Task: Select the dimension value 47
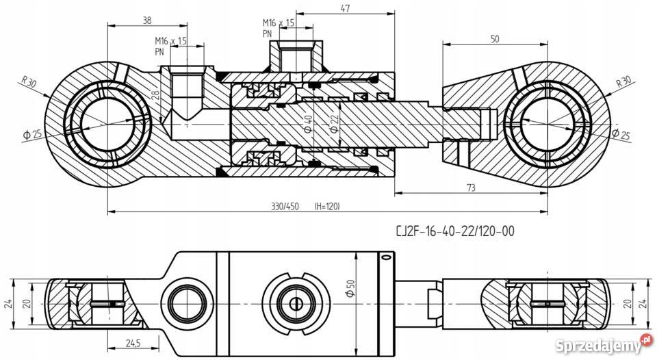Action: pyautogui.click(x=345, y=9)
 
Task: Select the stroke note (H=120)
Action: pyautogui.click(x=326, y=206)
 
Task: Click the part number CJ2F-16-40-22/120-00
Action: pyautogui.click(x=455, y=231)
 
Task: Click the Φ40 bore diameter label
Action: pyautogui.click(x=308, y=125)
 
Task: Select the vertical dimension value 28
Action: pyautogui.click(x=156, y=97)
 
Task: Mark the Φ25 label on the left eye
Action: pyautogui.click(x=32, y=133)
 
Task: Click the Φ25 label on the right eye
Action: pyautogui.click(x=621, y=134)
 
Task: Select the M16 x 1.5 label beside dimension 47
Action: pyautogui.click(x=279, y=23)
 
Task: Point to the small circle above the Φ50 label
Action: pyautogui.click(x=385, y=258)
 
